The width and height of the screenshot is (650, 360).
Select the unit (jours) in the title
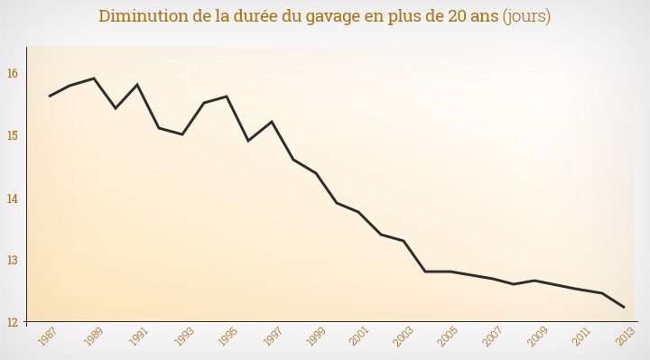(526, 17)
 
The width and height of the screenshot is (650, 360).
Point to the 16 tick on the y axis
(14, 73)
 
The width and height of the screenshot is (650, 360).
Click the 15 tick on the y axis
(14, 135)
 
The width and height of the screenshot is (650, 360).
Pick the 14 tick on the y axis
(14, 198)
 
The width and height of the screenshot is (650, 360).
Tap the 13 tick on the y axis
(14, 260)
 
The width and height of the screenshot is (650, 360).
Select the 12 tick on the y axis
(14, 321)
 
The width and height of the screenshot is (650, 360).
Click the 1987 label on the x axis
(49, 337)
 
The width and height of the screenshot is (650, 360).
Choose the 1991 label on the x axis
(137, 337)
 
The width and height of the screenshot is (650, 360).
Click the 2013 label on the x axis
(624, 337)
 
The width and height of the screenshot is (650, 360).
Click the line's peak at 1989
(94, 78)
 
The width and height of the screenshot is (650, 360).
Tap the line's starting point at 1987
(50, 96)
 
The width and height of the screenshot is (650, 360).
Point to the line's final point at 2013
(624, 308)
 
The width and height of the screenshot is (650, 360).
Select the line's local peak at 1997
(271, 121)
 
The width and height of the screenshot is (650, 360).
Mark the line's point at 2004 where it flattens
(425, 272)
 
